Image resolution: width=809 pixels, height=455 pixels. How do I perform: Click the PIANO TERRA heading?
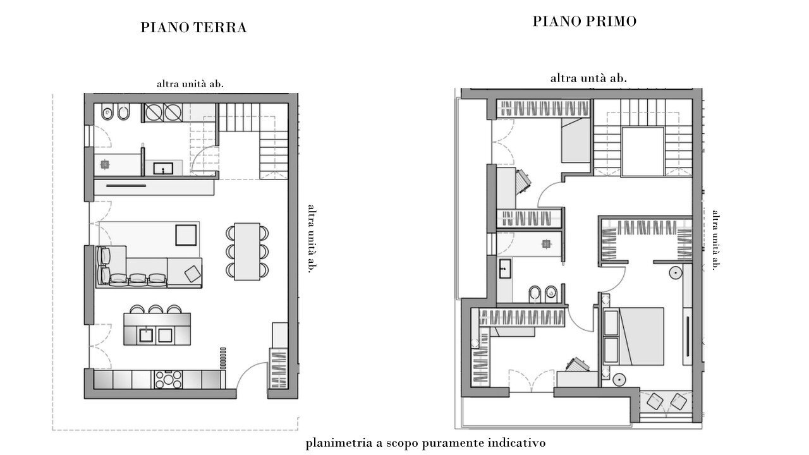coord(193,28)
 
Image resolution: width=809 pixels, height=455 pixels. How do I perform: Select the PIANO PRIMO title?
coord(584,21)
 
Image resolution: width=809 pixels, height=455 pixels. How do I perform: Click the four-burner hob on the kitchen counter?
coord(169,379)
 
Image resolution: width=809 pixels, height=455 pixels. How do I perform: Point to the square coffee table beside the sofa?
coord(186,234)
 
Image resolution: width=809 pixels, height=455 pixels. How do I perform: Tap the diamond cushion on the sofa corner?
coord(192,274)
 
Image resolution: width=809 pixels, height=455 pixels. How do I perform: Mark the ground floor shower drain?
coord(104,164)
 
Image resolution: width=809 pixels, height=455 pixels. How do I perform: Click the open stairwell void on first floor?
coord(642,151)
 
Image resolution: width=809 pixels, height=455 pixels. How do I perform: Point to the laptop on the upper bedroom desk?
coord(523,183)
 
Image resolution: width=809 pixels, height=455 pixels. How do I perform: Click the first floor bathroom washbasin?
coord(504,268)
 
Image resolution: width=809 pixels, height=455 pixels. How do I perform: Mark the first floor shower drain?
coord(543,242)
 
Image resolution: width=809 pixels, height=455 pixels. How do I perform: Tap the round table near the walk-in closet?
coord(675,273)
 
